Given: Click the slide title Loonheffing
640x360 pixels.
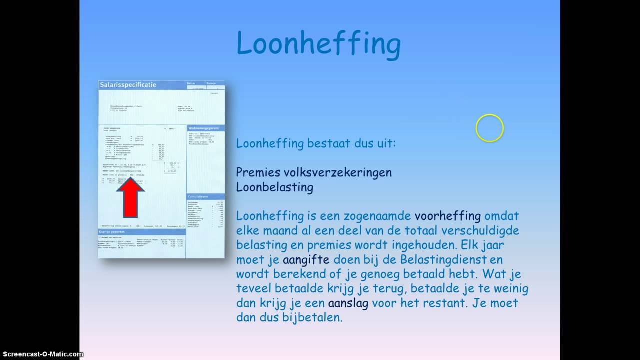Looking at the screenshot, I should point(318,44).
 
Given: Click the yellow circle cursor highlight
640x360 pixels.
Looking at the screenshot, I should point(489,128).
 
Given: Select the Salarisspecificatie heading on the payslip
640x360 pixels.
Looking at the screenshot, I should point(128,85).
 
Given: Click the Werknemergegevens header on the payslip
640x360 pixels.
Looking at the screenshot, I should point(204,128).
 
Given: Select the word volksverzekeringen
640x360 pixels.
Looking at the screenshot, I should point(337,172).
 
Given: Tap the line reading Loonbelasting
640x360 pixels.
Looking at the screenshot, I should point(274,187).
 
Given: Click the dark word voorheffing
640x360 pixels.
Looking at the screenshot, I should point(448,216).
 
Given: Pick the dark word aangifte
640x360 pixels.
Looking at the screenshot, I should point(306,260).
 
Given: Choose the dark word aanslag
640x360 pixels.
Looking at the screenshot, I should point(348,303).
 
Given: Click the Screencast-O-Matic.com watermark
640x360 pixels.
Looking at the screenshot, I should point(42,354).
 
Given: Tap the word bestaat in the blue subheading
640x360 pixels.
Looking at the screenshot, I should point(328,144).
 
